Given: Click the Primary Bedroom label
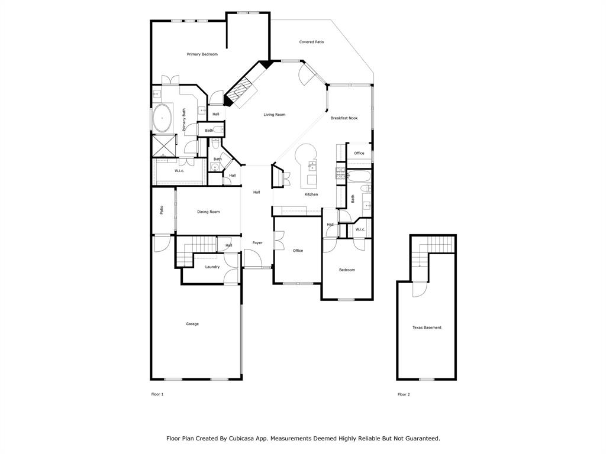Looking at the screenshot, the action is pos(202,54).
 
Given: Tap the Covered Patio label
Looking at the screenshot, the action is pos(311,42).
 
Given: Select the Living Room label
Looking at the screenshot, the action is pos(275,115).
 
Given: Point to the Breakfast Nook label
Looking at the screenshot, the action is pos(344,118).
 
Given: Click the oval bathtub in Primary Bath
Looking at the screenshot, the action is pos(163,118).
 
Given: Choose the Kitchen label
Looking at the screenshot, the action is pos(311,194).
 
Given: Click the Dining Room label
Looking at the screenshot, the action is pos(208,212).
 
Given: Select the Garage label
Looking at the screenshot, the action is pos(192,325).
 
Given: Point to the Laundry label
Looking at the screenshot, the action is pos(212,267).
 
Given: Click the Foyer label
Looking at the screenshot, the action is pos(257,243).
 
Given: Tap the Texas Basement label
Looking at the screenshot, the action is pos(427,327).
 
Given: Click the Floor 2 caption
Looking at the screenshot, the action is pos(404,394).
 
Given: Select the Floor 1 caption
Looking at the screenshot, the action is pos(157,394).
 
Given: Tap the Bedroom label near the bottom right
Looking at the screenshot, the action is pos(347,270).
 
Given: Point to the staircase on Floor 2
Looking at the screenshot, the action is pos(433,250).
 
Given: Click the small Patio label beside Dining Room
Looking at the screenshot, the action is pos(162,210).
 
